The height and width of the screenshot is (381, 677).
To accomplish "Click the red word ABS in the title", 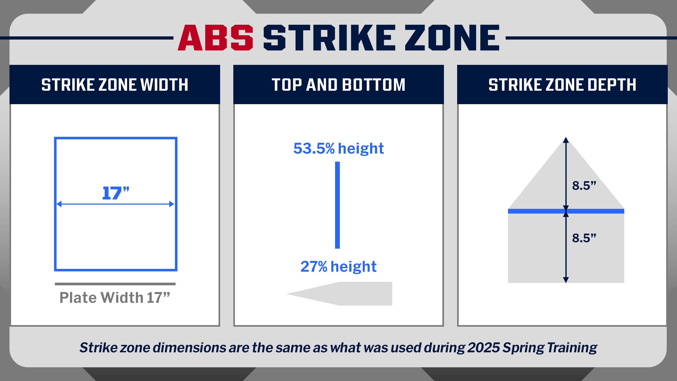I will pos(215,37).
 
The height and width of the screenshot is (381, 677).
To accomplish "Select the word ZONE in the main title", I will pos(452,37).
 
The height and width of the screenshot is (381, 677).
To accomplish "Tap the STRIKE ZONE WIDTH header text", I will pos(115,85).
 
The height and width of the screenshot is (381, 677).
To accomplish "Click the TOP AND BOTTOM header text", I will pos(338,85).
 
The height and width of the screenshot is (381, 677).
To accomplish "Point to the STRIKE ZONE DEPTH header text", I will pos(562,85).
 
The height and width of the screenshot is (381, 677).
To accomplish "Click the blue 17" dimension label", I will pos(115,193).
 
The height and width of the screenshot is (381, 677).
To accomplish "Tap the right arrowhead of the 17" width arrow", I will pos(172,204).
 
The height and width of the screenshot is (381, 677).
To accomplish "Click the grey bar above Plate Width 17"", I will pos(115,284).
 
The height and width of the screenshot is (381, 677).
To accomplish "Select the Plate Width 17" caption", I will pos(115,298).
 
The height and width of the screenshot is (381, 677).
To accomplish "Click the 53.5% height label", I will pos(338,148).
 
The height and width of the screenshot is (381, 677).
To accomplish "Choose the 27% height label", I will pos(338,267).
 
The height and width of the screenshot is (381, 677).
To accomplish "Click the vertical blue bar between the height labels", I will pos(337,205).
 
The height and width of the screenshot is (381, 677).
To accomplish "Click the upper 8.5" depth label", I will pos(584,186).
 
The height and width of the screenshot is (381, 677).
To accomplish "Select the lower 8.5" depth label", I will pos(584,238).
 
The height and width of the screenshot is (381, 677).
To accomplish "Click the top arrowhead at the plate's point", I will pos(566,140).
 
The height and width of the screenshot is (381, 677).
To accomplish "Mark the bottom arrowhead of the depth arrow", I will pos(566,280).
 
